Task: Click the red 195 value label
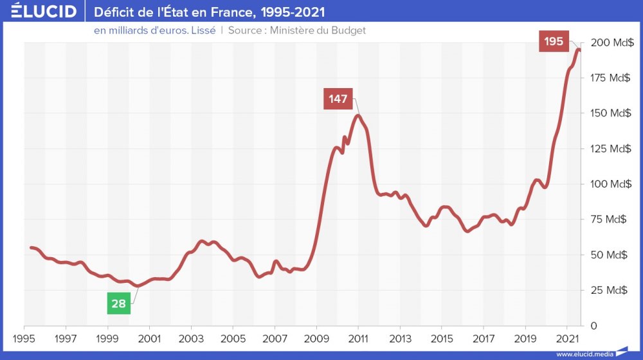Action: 554,42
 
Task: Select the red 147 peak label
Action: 338,99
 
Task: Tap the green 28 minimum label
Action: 118,303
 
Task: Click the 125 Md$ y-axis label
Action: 611,148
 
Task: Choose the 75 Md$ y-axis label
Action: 609,219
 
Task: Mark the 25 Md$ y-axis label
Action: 609,290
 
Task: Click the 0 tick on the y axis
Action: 595,325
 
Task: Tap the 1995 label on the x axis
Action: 24,338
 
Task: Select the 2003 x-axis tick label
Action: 191,338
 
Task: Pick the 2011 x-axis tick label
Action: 358,338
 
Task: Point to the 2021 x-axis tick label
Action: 567,338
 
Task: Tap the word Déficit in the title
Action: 116,12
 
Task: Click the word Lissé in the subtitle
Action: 202,30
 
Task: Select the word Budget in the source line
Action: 347,30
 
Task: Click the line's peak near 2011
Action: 358,116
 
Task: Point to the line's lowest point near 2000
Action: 137,286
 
